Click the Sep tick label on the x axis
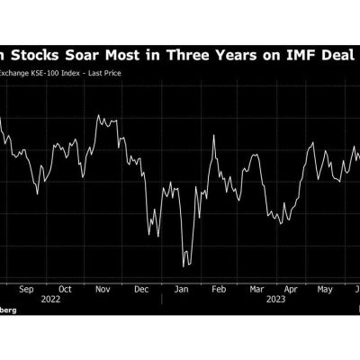tap(26, 291)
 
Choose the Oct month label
tap(64, 291)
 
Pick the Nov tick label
tap(103, 291)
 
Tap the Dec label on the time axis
tap(142, 291)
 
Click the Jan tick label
tap(180, 291)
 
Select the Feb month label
tap(219, 291)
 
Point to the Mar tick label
tap(256, 291)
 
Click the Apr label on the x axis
tap(291, 291)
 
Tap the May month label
tap(325, 291)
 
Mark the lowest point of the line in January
tap(184, 265)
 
